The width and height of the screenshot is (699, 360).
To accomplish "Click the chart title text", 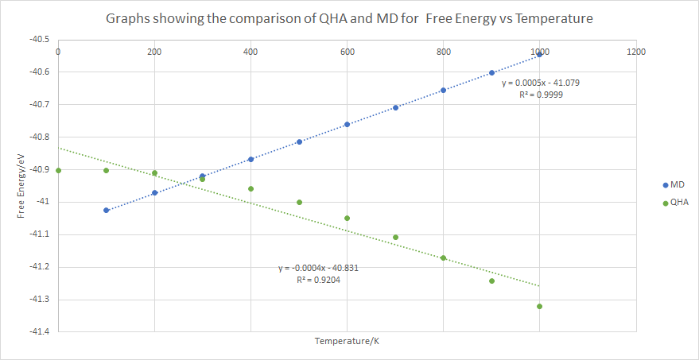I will point(349,18).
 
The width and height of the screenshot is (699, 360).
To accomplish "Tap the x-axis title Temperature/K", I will point(346,341).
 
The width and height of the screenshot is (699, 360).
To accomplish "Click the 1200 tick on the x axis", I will point(635,52).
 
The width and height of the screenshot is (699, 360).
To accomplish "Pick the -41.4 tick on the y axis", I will point(38,331).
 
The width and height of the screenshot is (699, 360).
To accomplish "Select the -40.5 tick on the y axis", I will point(38,39).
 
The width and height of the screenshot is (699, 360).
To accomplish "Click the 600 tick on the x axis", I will point(347,52).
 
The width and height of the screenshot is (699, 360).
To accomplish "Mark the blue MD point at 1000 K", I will point(540,54).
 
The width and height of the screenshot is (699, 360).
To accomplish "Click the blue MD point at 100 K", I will point(106,210).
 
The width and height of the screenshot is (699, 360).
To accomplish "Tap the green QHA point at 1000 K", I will point(540,306).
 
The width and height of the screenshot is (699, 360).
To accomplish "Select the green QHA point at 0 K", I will point(58,170).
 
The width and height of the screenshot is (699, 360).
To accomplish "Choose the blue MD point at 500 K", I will point(299,141).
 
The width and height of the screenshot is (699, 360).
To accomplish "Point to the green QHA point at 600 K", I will point(347,218).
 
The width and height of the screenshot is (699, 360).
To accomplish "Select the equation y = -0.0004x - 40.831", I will point(318,269).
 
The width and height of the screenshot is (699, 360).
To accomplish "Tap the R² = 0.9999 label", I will point(552,95).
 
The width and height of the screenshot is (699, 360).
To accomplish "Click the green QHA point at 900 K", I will point(491,281).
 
